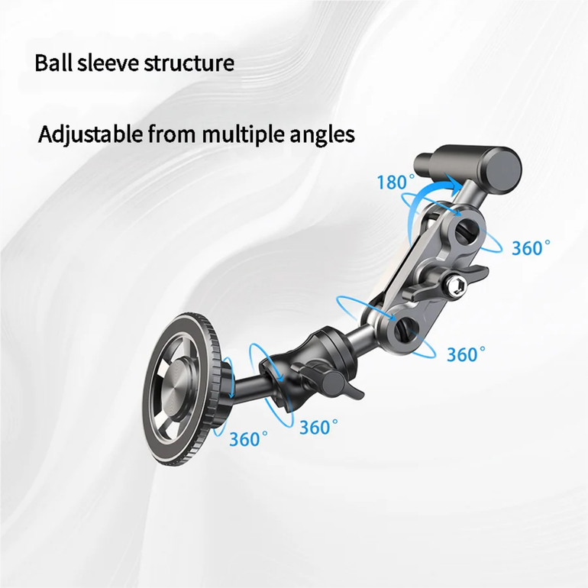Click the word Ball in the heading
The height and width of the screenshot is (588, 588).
coord(53,63)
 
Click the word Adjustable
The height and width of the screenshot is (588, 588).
coord(90,134)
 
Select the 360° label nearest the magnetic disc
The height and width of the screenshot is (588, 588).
coord(249,439)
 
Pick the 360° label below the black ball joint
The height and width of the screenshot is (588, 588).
coord(318,427)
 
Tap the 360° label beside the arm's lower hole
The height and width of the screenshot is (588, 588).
coord(466,354)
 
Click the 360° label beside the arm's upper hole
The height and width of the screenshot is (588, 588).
coord(531,248)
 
